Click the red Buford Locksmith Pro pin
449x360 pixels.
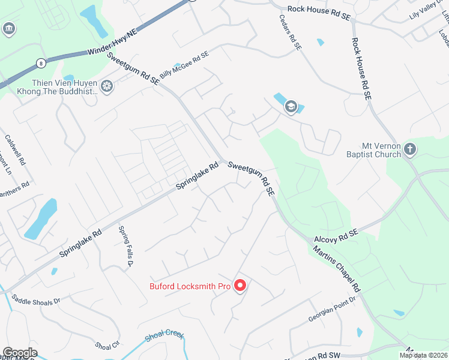point(240,286)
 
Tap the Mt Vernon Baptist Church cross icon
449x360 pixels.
point(410,149)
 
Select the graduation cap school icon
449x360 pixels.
point(291,107)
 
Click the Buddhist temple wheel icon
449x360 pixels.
point(107,87)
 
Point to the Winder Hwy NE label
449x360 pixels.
point(112,44)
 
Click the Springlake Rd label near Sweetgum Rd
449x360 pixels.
point(196,176)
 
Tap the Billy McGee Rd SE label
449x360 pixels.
point(184,65)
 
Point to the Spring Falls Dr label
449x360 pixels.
point(125,246)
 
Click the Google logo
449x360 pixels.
point(20,353)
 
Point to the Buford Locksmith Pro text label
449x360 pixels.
point(190,286)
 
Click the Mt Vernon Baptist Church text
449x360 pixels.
point(389,150)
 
